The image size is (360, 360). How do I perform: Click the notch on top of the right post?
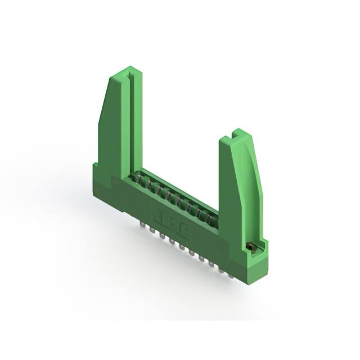235,136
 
